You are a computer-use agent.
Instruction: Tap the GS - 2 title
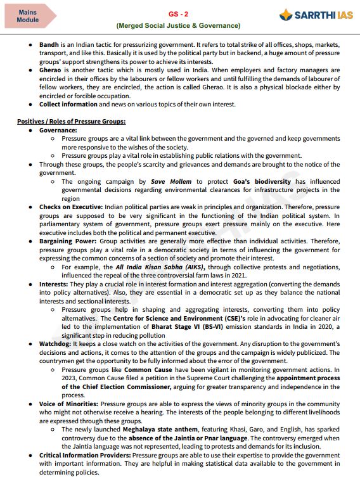point(178,13)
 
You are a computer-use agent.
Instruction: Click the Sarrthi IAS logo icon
point(287,15)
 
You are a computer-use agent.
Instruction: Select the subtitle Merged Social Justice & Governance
point(178,25)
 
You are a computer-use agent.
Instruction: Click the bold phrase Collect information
point(68,104)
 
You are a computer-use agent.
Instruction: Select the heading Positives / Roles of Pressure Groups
point(71,120)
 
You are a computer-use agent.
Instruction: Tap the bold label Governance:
point(58,129)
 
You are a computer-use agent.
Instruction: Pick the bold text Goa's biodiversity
point(264,181)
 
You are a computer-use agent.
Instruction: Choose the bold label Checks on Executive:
point(69,207)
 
